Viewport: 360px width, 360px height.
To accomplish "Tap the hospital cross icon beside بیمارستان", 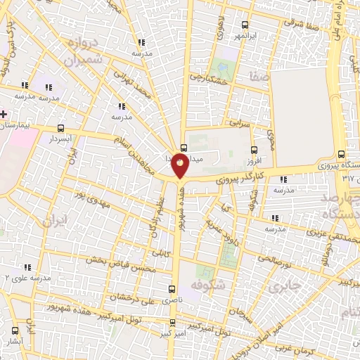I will (x=4, y=113).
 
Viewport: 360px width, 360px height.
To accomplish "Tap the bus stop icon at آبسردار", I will (x=60, y=129).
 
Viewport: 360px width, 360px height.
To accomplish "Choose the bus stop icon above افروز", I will (x=255, y=149).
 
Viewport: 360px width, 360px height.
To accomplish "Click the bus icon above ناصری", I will (x=173, y=288).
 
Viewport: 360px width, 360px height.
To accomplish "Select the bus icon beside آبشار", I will (x=15, y=330).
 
